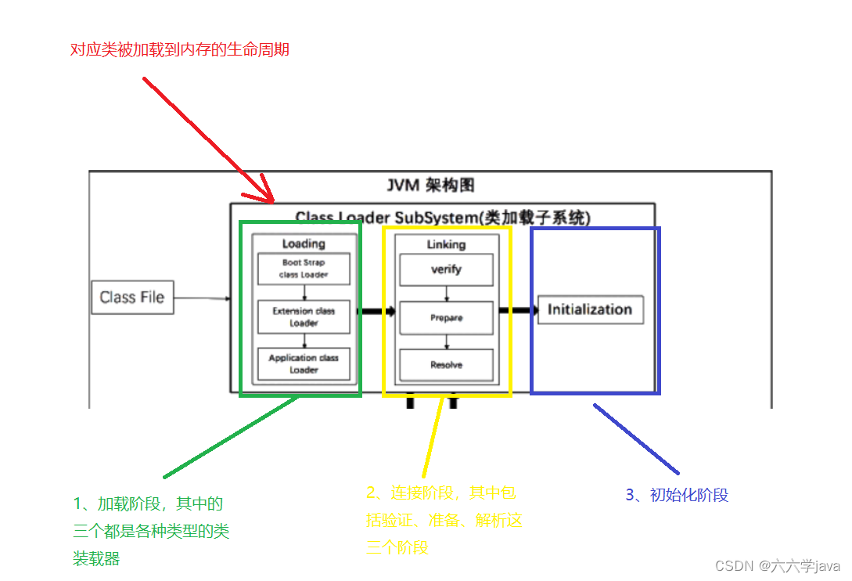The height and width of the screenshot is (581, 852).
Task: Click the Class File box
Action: click(x=132, y=298)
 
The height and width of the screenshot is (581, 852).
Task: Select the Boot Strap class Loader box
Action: click(x=304, y=269)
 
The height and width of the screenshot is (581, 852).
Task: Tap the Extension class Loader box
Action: click(x=304, y=316)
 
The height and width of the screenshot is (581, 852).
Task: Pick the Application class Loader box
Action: click(x=304, y=363)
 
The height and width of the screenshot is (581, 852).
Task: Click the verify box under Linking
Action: click(x=446, y=269)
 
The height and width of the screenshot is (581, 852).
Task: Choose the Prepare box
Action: click(x=446, y=318)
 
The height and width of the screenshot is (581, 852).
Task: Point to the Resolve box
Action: click(x=446, y=365)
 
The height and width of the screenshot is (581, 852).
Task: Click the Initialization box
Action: click(x=590, y=309)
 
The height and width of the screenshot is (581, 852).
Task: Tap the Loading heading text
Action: click(x=304, y=244)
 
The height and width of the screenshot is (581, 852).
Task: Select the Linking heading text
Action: click(x=446, y=244)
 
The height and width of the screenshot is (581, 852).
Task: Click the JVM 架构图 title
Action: click(x=430, y=186)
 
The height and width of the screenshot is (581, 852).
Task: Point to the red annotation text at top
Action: click(x=180, y=50)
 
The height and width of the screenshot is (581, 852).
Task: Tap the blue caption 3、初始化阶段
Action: click(x=677, y=495)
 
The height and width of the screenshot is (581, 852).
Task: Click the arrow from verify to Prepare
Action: click(x=446, y=294)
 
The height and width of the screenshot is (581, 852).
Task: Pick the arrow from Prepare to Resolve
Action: click(x=446, y=341)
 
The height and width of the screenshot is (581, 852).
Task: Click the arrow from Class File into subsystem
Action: click(x=202, y=298)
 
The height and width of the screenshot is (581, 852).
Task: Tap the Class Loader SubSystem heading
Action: click(x=443, y=218)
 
